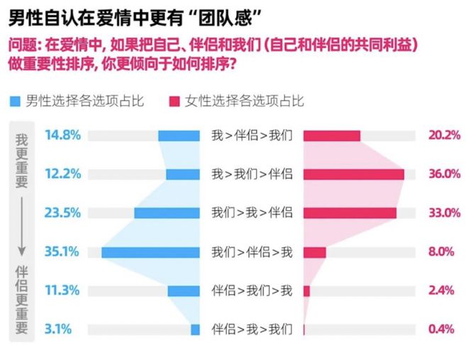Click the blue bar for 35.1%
click(x=150, y=252)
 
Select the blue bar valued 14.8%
click(x=179, y=135)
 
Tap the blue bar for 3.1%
click(x=195, y=329)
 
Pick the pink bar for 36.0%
click(x=353, y=174)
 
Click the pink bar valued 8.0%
click(x=314, y=252)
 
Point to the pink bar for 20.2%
click(x=332, y=135)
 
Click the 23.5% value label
click(x=62, y=213)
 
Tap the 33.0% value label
click(x=444, y=213)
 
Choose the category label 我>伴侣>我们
click(x=252, y=135)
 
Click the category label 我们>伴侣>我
click(x=252, y=252)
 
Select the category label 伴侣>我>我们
click(x=252, y=329)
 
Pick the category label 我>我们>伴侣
click(x=252, y=174)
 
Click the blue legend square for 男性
click(x=15, y=101)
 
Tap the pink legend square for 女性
click(x=173, y=101)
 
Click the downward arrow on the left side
click(x=22, y=227)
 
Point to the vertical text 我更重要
click(x=22, y=160)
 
